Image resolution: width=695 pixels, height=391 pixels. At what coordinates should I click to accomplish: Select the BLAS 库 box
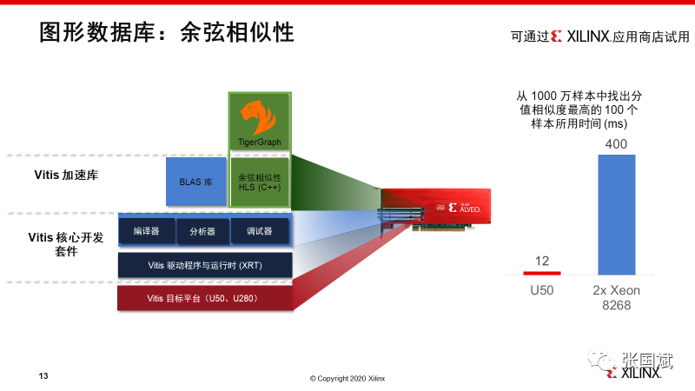pos(196,182)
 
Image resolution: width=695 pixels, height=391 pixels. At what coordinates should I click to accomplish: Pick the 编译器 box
pos(144,232)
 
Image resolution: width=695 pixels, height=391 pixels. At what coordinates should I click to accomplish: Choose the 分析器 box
pos(202,232)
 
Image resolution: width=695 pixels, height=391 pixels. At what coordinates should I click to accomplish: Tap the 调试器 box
pos(259,232)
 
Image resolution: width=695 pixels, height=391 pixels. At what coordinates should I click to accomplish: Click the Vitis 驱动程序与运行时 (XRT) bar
pos(204,264)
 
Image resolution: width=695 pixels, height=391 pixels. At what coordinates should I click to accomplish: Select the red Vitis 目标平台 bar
pos(204,298)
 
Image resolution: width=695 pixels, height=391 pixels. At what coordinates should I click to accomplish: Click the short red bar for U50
pos(542,272)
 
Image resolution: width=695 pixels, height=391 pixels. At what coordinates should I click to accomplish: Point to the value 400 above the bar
pos(616,143)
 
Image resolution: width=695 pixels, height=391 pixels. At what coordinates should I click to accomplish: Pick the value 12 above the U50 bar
pos(542,261)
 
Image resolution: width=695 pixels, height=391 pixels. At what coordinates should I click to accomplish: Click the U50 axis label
pos(542,289)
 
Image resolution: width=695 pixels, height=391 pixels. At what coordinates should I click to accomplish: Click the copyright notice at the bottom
pos(347,378)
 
